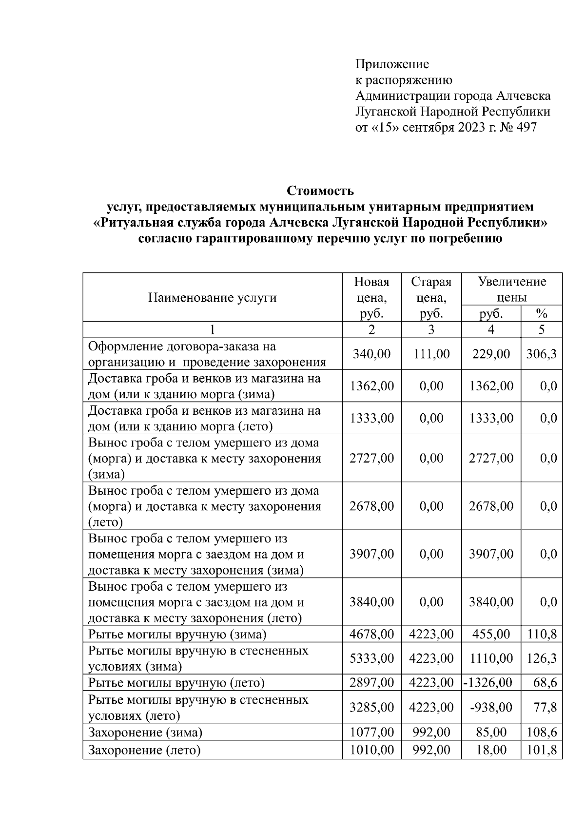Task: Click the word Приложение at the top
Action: pyautogui.click(x=392, y=64)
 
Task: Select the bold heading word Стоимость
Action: pyautogui.click(x=320, y=190)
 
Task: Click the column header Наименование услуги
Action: pyautogui.click(x=212, y=297)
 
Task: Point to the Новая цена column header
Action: pyautogui.click(x=371, y=297)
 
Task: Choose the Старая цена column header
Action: pyautogui.click(x=431, y=297)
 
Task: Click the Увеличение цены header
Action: pyautogui.click(x=512, y=289)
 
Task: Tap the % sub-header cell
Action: pyautogui.click(x=541, y=313)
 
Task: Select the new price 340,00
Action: pyautogui.click(x=371, y=354)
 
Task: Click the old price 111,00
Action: pyautogui.click(x=431, y=354)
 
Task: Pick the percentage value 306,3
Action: pyautogui.click(x=541, y=354)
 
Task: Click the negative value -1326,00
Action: pyautogui.click(x=488, y=683)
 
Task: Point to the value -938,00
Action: pyautogui.click(x=491, y=707)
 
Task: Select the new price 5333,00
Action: pyautogui.click(x=371, y=658)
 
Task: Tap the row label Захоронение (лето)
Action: pyautogui.click(x=144, y=750)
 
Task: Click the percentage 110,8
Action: pyautogui.click(x=542, y=634)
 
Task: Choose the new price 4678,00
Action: pyautogui.click(x=371, y=634)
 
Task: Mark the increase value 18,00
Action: pyautogui.click(x=491, y=750)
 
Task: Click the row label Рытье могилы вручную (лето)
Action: pyautogui.click(x=176, y=683)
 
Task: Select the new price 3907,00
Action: pyautogui.click(x=371, y=554)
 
